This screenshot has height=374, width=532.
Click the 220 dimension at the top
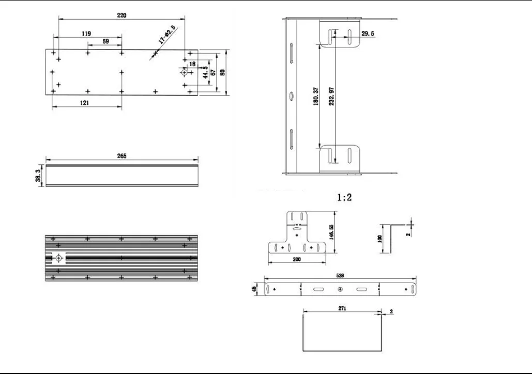coord(121,15)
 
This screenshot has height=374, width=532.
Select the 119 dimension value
coord(86,34)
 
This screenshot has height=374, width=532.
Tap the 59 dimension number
coord(105,41)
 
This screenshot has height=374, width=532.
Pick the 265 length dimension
coord(122,155)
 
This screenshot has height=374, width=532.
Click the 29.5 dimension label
coord(368,34)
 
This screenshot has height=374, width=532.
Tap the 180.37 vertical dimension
coord(316,96)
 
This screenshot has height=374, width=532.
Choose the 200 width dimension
coord(297,259)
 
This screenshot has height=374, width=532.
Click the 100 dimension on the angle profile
coord(379,239)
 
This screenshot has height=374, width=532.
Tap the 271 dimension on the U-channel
coord(342,308)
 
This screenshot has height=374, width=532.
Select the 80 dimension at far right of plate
coord(222,72)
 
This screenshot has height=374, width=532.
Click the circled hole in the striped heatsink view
coord(59,258)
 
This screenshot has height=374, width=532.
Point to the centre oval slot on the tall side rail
coord(291,96)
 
